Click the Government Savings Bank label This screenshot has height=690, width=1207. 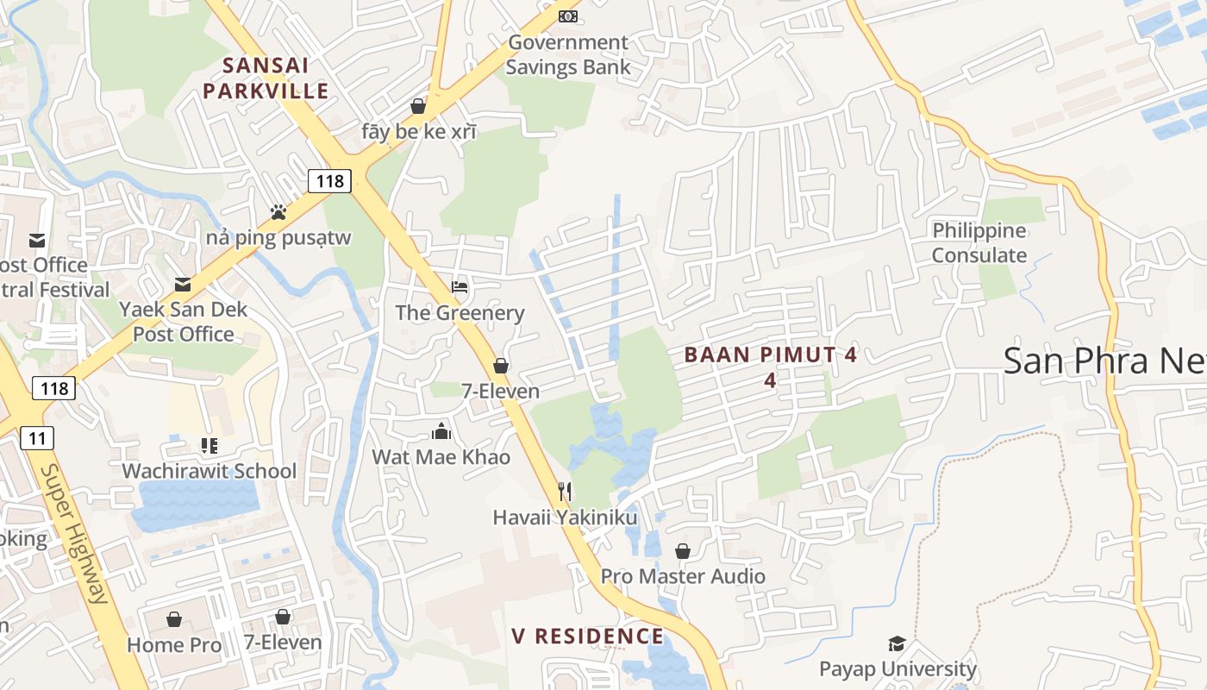coord(567,54)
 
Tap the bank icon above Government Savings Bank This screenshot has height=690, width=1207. coord(567,16)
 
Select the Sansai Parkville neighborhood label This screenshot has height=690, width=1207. coord(266,78)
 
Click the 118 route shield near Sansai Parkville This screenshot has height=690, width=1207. coord(329,181)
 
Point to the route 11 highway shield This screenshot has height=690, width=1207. coord(37,438)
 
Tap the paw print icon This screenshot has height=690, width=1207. coord(278,211)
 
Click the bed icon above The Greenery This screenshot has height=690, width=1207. coord(460,286)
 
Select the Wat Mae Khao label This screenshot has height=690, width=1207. coord(441,457)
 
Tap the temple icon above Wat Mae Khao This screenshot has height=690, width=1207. coord(441,430)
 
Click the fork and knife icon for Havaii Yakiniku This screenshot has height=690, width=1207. coord(565,492)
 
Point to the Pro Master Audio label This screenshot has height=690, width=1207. coord(682,576)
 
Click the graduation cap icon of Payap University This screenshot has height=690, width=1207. coord(897,643)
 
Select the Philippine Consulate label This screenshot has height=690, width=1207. coord(979,243)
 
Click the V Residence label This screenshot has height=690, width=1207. coord(587,637)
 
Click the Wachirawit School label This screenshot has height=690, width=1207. coord(209,471)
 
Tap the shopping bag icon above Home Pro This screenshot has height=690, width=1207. coord(174,619)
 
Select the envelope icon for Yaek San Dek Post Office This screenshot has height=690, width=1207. coord(183,284)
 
